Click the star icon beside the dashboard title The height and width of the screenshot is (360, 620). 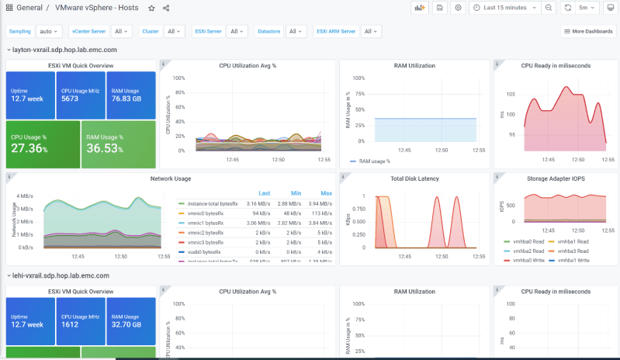click(x=151, y=8)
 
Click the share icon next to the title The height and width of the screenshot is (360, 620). click(x=167, y=8)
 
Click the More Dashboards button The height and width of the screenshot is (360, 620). click(x=588, y=32)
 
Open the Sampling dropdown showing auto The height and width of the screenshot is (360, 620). click(x=47, y=32)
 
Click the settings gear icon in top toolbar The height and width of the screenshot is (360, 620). click(x=458, y=8)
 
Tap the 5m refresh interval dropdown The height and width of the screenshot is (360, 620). click(x=587, y=8)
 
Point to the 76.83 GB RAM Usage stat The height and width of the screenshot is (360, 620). click(x=126, y=99)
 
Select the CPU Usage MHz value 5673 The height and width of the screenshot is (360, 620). click(x=70, y=99)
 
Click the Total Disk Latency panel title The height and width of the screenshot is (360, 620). click(x=414, y=178)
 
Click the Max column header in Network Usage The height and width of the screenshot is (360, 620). click(x=326, y=193)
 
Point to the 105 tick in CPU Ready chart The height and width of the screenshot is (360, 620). click(x=511, y=94)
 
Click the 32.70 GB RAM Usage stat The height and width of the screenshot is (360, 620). click(x=126, y=324)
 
